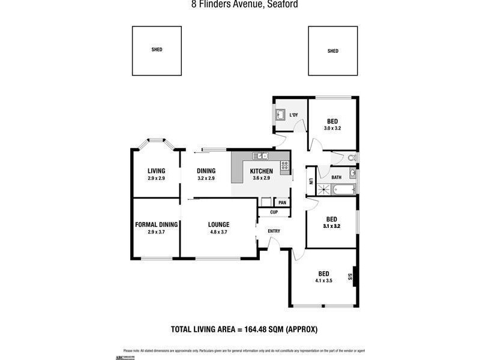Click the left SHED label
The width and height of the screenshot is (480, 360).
(157, 50)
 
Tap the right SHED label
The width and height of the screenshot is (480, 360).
(333, 51)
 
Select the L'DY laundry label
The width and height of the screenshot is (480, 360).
(294, 115)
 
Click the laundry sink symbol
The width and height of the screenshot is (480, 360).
(280, 115)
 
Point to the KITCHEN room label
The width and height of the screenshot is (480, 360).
(262, 171)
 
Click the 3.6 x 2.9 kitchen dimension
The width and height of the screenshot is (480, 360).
(262, 178)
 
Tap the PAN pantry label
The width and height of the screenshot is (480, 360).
(282, 203)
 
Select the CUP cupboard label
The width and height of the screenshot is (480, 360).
(274, 212)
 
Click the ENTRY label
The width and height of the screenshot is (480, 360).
(274, 231)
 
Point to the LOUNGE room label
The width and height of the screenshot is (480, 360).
(218, 225)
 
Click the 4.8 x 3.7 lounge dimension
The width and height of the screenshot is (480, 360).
(218, 232)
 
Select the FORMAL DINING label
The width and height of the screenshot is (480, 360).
(157, 225)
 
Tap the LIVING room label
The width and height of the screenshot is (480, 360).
(156, 171)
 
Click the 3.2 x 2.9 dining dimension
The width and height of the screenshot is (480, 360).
(206, 178)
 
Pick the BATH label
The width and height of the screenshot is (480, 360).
(337, 177)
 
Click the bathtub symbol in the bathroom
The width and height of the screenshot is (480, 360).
(344, 190)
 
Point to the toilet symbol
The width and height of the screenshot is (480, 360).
(352, 158)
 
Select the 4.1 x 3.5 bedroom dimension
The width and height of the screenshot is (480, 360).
(323, 280)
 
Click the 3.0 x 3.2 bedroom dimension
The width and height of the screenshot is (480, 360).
(332, 128)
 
